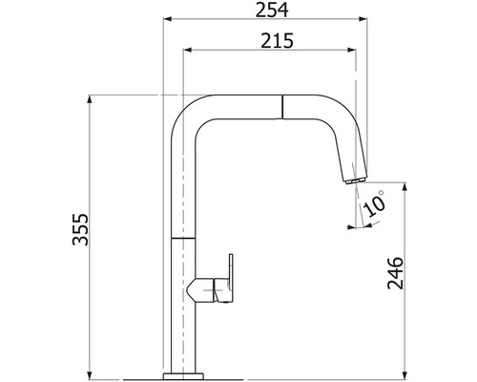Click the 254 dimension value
tap(272, 10)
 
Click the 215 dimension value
tap(277, 40)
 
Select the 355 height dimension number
tap(80, 229)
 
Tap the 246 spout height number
tap(395, 273)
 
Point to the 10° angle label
tap(375, 203)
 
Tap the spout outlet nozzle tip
tap(355, 180)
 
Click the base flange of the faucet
tap(183, 375)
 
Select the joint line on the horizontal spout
tap(282, 107)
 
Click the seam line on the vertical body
tap(183, 238)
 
